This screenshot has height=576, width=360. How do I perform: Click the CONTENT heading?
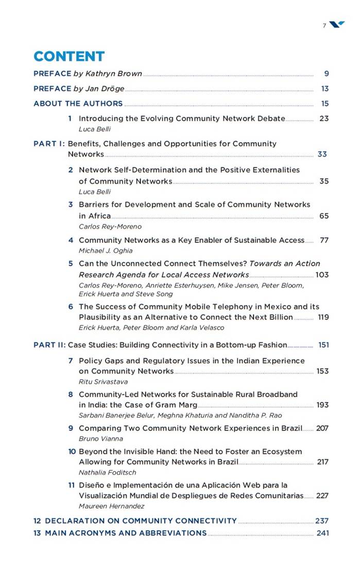(69, 57)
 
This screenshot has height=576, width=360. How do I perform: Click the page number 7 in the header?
(324, 26)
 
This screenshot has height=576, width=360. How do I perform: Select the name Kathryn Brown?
(114, 74)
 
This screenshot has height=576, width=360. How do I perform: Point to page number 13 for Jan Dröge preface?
(324, 89)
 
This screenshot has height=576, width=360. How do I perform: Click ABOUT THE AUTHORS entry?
(78, 103)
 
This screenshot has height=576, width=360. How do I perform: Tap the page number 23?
(324, 118)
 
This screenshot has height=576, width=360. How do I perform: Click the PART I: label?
(49, 144)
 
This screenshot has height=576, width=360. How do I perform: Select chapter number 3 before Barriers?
(71, 204)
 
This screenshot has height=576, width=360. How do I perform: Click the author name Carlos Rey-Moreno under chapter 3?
(110, 226)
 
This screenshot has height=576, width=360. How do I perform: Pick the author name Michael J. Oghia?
(106, 251)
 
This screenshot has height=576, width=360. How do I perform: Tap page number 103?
(322, 275)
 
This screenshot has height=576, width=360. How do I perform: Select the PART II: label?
(50, 345)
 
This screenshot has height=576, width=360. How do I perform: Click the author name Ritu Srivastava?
(103, 382)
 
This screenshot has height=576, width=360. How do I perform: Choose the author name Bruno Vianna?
(101, 439)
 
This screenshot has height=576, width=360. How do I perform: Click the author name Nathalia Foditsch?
(107, 473)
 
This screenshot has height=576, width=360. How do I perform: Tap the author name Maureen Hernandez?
(111, 507)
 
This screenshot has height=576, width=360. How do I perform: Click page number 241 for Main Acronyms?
(322, 533)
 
